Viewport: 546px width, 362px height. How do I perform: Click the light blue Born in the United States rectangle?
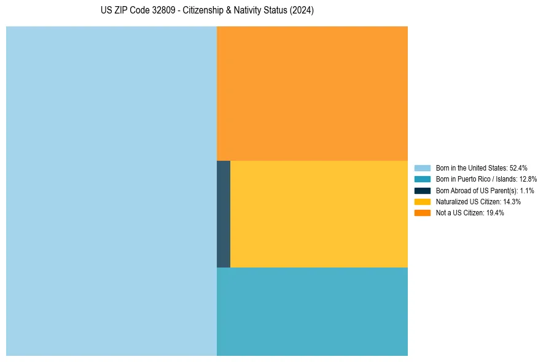[x=111, y=191]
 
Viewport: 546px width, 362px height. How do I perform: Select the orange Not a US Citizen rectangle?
[x=312, y=93]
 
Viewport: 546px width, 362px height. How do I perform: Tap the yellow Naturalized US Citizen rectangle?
[x=319, y=214]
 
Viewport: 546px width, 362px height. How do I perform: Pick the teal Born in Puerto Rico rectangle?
[x=312, y=311]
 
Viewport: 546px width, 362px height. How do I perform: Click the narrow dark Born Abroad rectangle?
[x=224, y=214]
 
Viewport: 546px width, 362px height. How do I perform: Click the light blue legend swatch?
[x=423, y=168]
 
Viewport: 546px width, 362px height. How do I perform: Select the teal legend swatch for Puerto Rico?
[x=423, y=179]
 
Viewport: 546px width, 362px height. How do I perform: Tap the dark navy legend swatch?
[x=423, y=190]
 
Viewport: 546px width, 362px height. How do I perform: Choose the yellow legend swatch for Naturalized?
[x=423, y=201]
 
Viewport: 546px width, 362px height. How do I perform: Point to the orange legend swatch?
[x=423, y=212]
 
